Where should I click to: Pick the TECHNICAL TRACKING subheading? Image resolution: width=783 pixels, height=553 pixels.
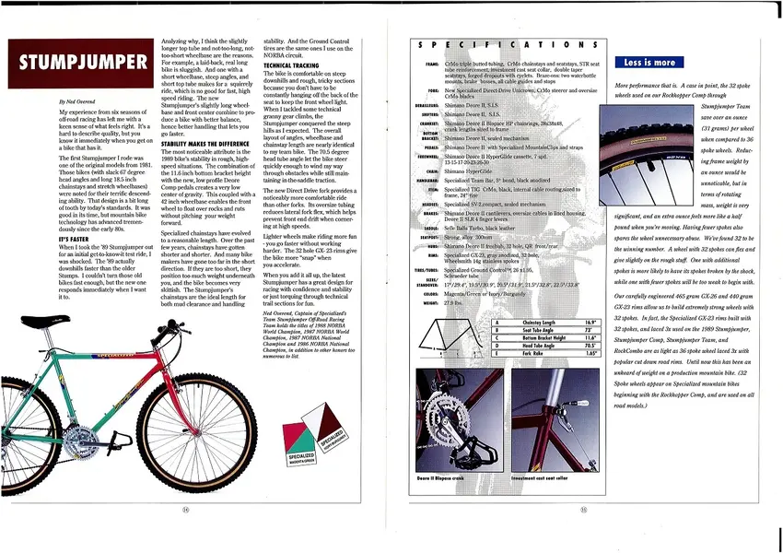click(291, 66)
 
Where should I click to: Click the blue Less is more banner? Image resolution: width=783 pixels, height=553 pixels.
click(649, 63)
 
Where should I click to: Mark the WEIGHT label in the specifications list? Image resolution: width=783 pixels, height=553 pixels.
click(430, 303)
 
